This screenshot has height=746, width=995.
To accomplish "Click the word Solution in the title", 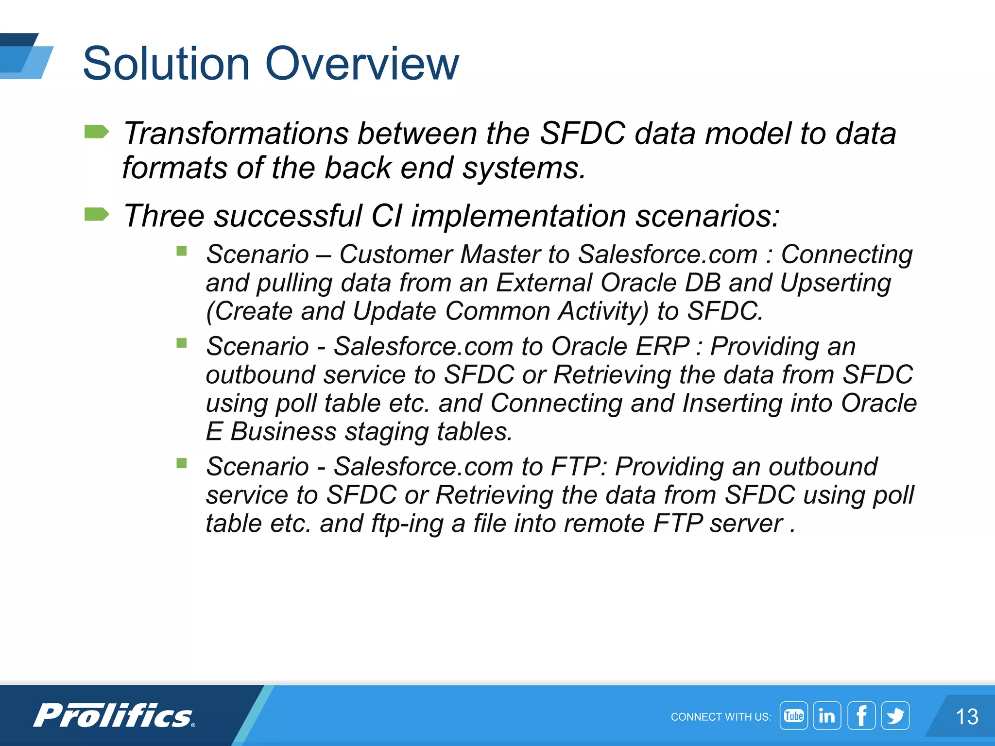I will [x=166, y=64].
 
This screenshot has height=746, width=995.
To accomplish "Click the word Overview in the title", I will [x=362, y=64].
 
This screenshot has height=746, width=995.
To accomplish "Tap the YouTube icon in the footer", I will [x=793, y=715].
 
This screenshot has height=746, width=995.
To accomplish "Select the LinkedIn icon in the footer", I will [x=827, y=715].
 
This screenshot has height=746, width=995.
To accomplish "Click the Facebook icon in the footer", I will [x=861, y=715].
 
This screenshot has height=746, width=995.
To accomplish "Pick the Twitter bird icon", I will [x=895, y=715].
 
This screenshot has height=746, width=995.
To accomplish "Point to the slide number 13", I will [x=967, y=717].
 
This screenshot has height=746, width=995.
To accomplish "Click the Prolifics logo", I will [x=114, y=715].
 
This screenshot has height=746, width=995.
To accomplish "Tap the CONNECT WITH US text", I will [x=721, y=717].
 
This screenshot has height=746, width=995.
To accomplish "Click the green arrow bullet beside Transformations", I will [x=96, y=132].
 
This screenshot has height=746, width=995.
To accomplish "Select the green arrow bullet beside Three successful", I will [x=96, y=214].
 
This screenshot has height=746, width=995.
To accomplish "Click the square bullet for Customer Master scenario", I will [x=182, y=251].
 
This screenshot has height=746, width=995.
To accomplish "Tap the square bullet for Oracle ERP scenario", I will [x=182, y=343].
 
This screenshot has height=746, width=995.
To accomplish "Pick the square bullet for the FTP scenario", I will [x=182, y=463].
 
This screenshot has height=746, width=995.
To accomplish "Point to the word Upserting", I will [x=835, y=283].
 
